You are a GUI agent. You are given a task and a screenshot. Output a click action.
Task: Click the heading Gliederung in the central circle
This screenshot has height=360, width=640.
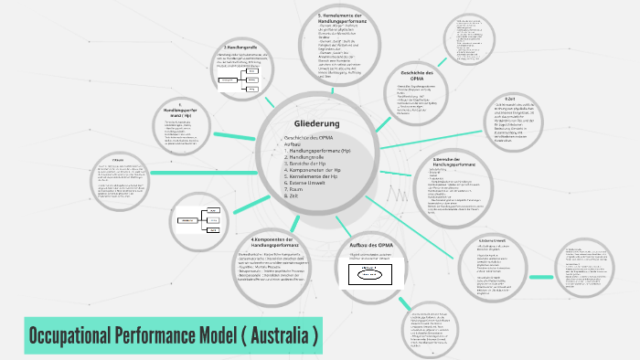tap(316, 123)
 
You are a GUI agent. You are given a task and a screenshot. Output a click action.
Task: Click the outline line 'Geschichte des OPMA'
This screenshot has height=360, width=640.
tap(308, 137)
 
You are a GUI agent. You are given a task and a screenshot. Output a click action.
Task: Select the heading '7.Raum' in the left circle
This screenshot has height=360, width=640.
tap(119, 159)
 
